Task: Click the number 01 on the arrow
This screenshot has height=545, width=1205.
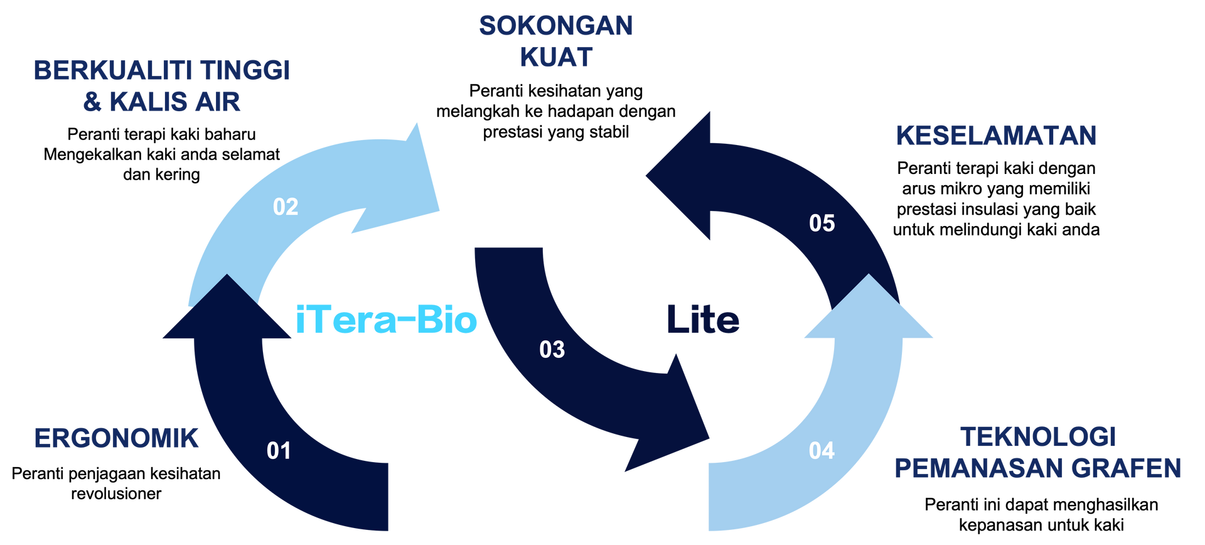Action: pos(279,451)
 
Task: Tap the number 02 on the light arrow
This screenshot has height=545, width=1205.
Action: pos(286,207)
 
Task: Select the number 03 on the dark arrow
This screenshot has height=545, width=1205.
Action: pos(552,350)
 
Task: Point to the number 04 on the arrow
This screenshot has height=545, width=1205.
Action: pos(822,451)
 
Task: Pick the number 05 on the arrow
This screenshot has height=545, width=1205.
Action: pos(822,224)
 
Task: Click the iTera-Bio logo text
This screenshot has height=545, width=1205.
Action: pos(386,320)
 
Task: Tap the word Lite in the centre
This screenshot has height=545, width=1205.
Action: pos(703,320)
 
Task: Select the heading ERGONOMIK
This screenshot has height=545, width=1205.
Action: pos(116,438)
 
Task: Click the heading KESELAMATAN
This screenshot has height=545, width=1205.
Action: pos(996,136)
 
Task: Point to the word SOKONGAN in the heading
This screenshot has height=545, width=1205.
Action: pos(556,26)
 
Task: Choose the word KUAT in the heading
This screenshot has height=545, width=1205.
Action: pos(556,57)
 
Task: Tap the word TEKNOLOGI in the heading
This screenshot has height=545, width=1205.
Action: pos(1038,437)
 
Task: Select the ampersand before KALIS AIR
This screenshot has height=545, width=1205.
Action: pos(92,102)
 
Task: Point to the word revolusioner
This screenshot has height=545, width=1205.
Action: pos(116,494)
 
